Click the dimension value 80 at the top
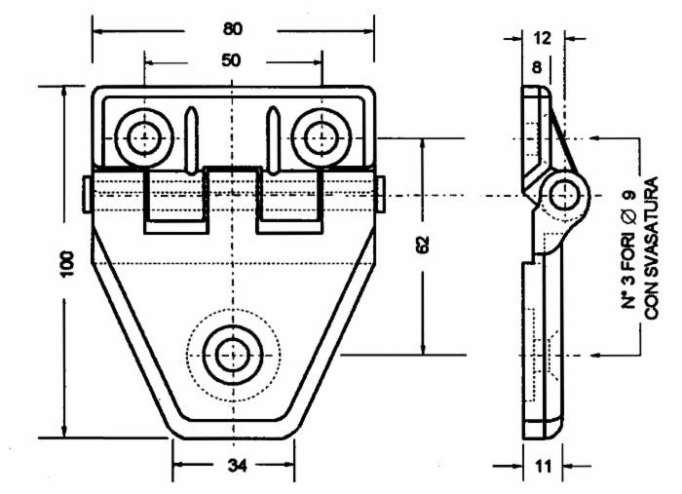click(233, 28)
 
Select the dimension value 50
click(232, 60)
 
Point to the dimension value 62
click(423, 246)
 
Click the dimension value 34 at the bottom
click(236, 466)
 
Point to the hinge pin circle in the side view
click(562, 194)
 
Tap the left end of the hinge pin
click(88, 193)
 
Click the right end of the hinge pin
click(379, 193)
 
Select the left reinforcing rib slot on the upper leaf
click(191, 137)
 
